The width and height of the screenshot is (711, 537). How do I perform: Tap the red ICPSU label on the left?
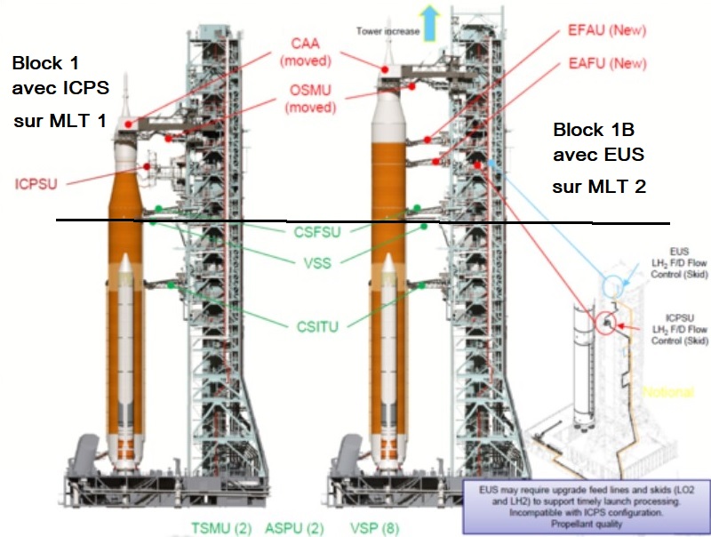point(37,184)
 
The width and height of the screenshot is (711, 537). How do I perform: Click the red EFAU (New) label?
point(606,31)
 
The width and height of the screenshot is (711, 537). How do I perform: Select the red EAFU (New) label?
point(606,65)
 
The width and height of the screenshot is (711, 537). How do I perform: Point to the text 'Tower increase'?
point(387,31)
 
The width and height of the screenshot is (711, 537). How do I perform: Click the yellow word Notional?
point(668,392)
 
